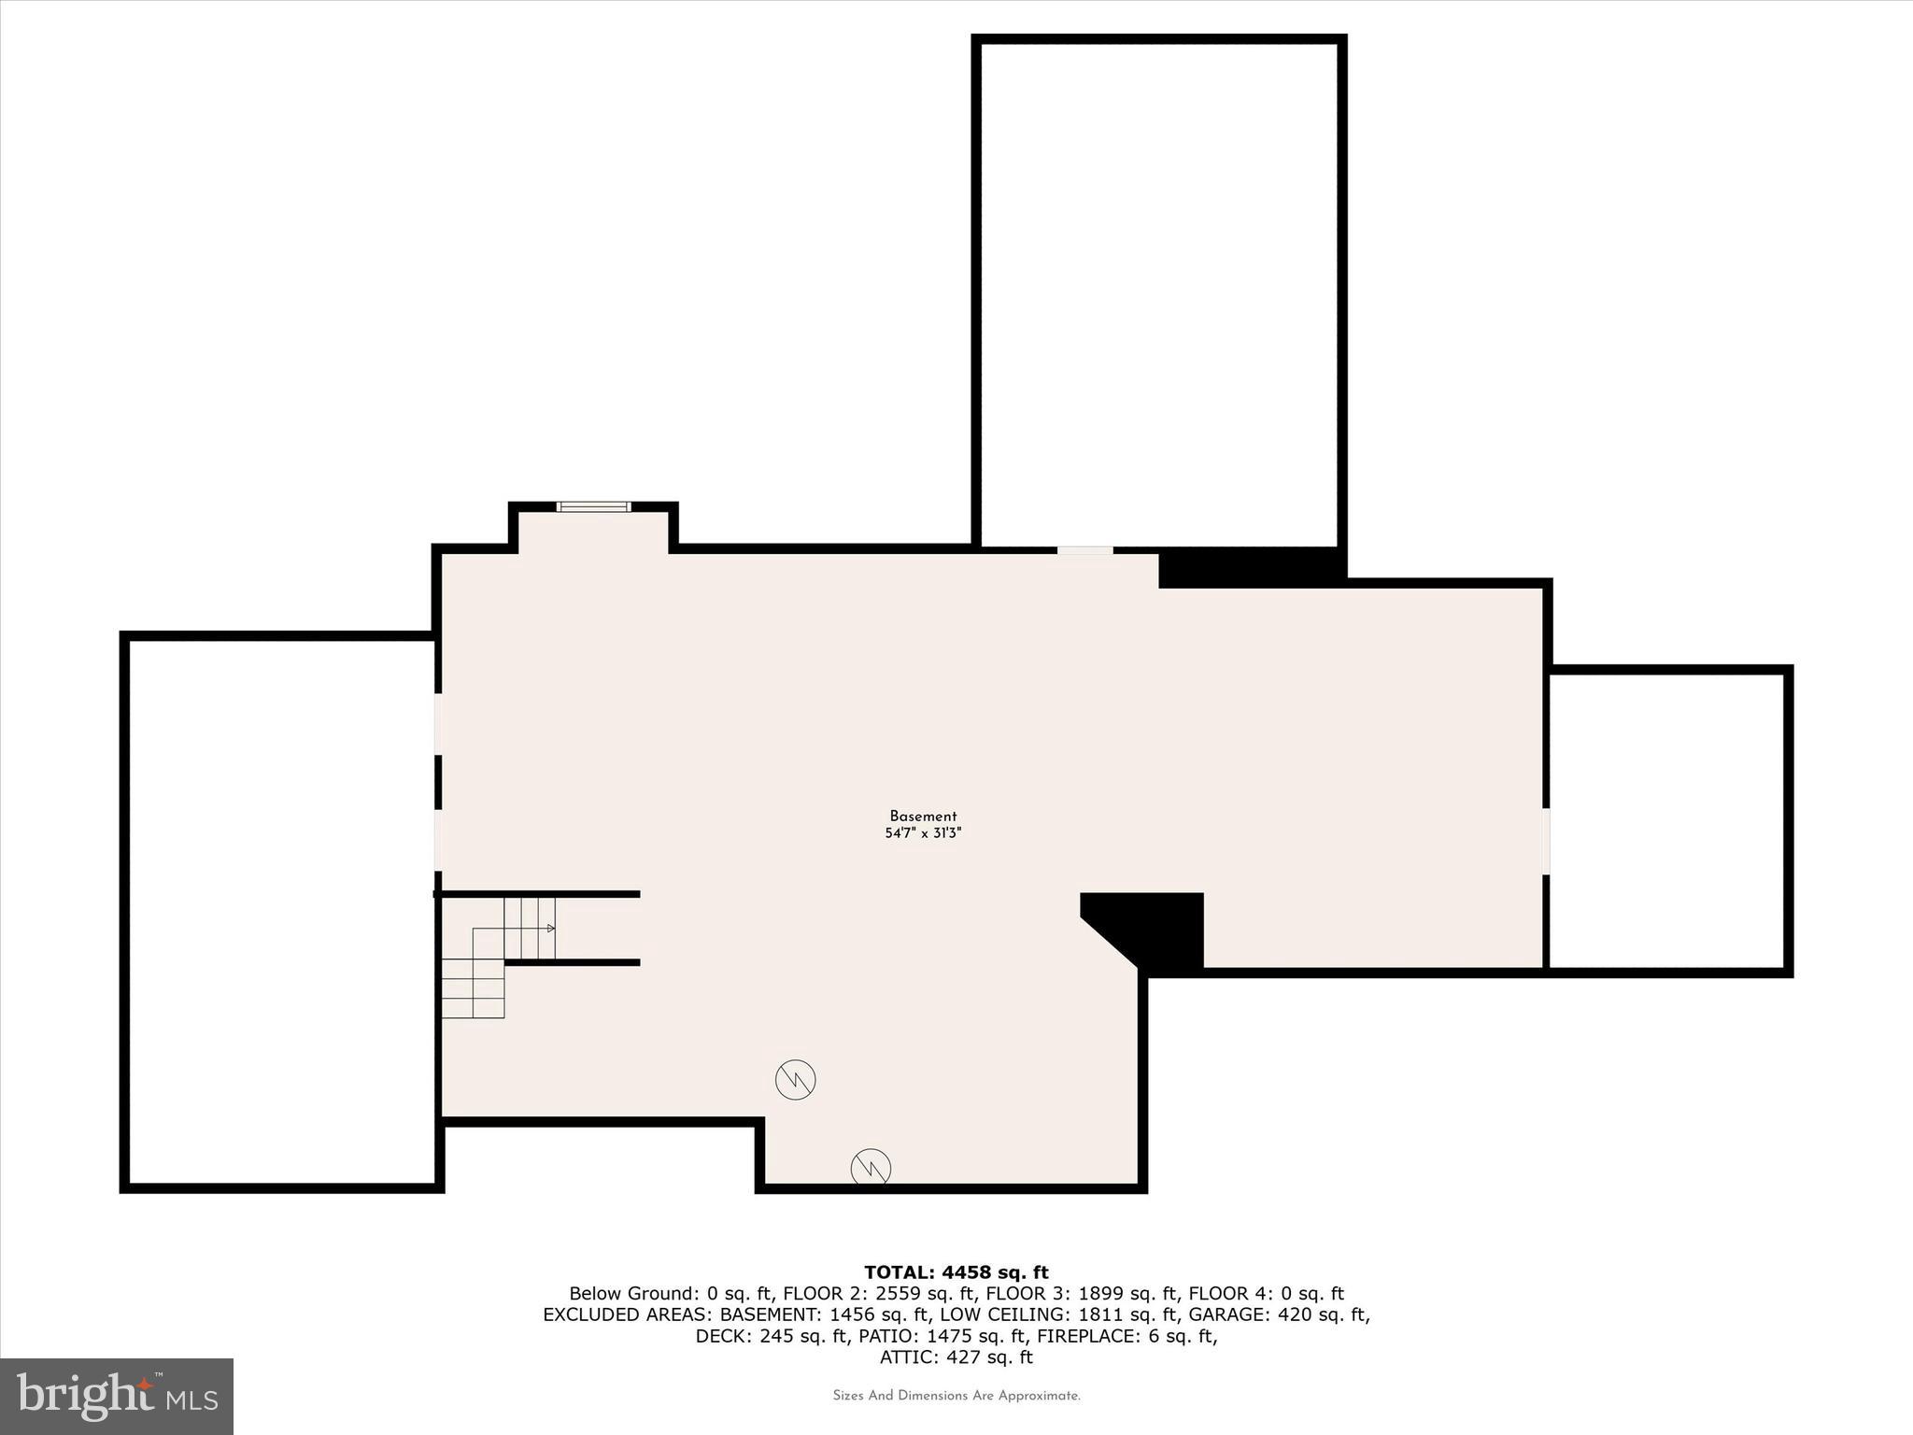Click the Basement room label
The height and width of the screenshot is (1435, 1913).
[923, 817]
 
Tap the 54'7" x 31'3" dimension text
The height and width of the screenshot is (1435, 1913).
[923, 833]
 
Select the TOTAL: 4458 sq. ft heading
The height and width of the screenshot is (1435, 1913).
[956, 1272]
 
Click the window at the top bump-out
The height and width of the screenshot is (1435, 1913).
[593, 507]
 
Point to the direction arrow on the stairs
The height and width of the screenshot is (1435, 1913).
[550, 928]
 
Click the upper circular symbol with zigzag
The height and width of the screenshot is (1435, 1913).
[796, 1080]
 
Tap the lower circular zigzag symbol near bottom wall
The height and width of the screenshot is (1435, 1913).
[871, 1168]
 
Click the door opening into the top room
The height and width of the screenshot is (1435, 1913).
[1084, 551]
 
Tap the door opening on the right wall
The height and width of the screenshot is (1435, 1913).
[1546, 841]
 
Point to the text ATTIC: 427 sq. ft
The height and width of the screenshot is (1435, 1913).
[956, 1357]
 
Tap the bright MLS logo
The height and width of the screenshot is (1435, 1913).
[117, 1396]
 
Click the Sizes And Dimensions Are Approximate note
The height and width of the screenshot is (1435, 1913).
[956, 1396]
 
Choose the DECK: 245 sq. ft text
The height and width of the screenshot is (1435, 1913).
[772, 1336]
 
